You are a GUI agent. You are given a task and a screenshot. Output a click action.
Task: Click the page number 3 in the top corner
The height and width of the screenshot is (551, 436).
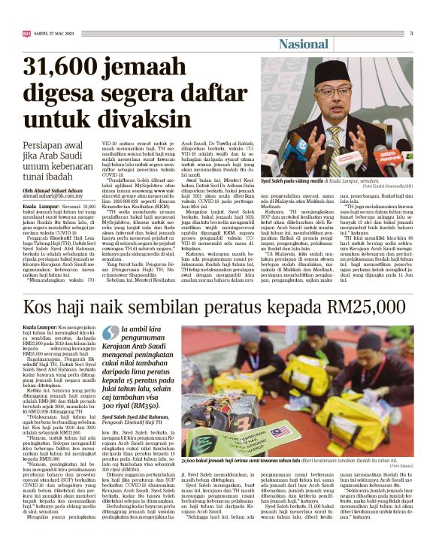click(411, 32)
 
